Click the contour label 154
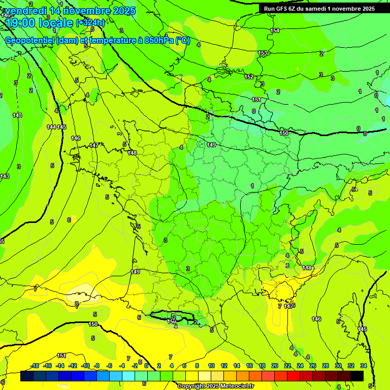[x=275, y=31]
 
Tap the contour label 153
[x=263, y=53]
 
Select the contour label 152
[x=249, y=77]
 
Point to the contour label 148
[x=133, y=153]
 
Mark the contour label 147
[x=94, y=146]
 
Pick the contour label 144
[x=51, y=127]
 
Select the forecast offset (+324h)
[x=90, y=23]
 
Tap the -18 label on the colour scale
[x=35, y=366]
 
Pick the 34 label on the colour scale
[x=364, y=366]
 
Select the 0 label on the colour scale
[x=146, y=366]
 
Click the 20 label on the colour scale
[x=274, y=366]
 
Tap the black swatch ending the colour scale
[x=357, y=376]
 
